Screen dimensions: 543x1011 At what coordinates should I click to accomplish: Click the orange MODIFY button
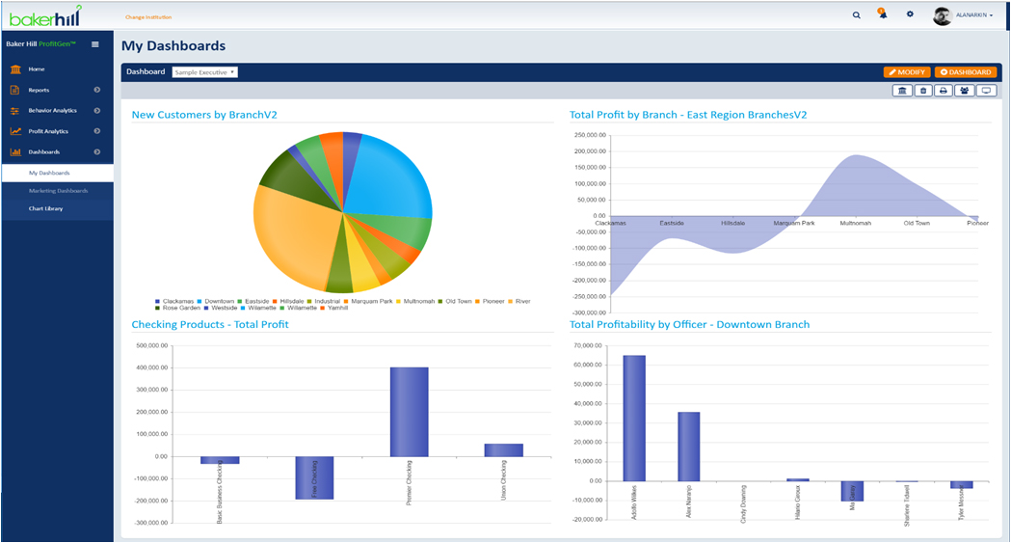[906, 72]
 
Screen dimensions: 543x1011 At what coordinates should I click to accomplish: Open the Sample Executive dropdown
[204, 72]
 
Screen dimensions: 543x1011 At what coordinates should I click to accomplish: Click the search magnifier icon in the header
[857, 15]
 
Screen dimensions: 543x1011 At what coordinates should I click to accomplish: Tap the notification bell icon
[883, 14]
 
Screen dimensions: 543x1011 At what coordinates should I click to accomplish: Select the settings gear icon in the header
[910, 14]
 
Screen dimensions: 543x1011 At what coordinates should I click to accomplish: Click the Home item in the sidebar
[37, 69]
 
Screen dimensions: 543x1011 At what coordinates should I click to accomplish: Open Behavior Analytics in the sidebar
[52, 111]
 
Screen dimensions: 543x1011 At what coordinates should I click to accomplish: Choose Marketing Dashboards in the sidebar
[58, 191]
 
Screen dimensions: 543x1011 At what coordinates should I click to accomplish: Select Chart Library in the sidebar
[45, 208]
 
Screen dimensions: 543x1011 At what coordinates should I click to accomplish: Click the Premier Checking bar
[409, 412]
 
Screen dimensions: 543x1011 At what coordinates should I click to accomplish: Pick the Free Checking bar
[314, 477]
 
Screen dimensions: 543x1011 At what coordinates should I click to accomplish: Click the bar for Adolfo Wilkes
[634, 418]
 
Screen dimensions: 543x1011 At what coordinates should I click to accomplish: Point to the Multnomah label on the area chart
[855, 223]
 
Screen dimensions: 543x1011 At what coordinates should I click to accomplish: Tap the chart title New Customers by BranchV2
[204, 115]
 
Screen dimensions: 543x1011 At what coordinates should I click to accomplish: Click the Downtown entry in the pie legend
[219, 301]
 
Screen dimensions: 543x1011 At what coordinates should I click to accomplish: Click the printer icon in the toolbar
[944, 91]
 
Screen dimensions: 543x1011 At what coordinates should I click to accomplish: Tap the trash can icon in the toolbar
[923, 91]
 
